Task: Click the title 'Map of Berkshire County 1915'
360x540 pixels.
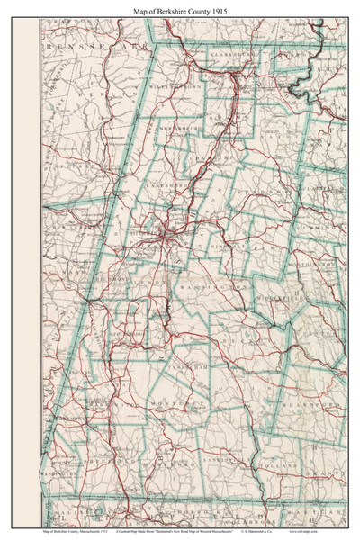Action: click(179, 8)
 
